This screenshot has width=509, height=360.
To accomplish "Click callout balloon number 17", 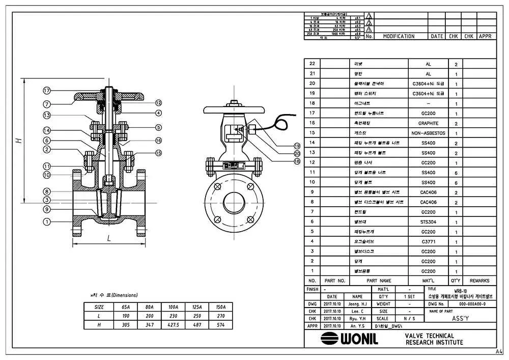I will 46,91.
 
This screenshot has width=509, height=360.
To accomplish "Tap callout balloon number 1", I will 46,221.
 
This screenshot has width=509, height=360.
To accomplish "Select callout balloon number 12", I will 158,102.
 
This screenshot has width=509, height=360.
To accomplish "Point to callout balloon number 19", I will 297,146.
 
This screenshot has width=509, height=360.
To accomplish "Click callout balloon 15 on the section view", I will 158,152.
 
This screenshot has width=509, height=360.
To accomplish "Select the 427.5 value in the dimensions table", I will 174,324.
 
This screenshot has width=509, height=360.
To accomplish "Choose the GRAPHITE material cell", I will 428,123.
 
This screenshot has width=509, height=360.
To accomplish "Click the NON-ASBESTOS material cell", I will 428,133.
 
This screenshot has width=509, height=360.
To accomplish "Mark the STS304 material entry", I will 428,222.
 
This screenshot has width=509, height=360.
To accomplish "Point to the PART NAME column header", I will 379,281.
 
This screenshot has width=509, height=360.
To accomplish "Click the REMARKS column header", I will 479,281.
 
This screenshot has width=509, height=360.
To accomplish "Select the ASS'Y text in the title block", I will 460,318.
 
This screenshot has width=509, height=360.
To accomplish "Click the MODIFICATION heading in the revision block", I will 399,37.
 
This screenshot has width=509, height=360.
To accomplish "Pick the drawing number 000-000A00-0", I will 472,304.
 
